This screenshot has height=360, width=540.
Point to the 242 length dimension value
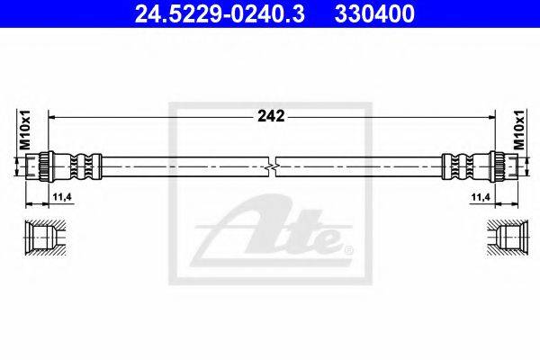271,116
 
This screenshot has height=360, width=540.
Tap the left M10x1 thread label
26,130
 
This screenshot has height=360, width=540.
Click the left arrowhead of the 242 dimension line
51,116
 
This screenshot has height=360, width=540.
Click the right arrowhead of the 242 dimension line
490,116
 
